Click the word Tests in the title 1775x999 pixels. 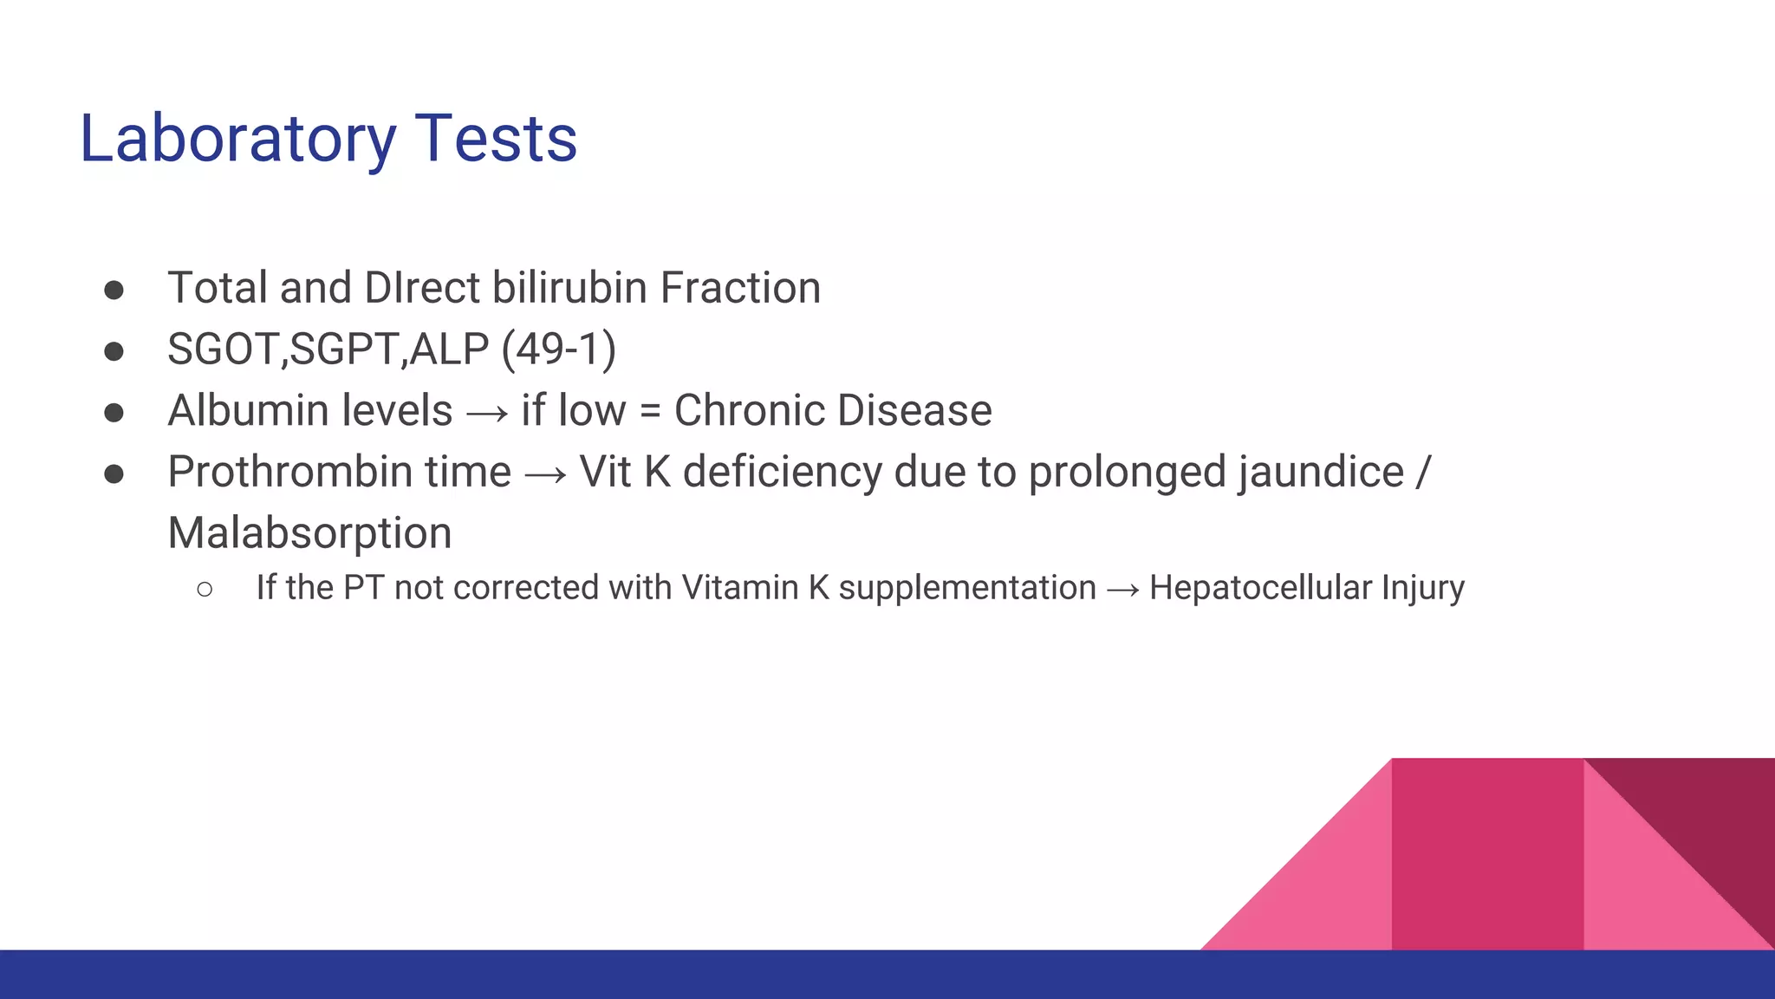click(496, 139)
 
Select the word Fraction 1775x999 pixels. click(740, 288)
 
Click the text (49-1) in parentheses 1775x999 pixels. click(558, 349)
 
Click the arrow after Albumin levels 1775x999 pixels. click(486, 414)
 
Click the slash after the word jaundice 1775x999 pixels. click(1423, 473)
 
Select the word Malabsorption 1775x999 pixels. click(309, 533)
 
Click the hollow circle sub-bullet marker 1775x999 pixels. click(205, 590)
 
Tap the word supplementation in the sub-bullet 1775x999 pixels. click(966, 588)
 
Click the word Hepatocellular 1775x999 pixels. click(1260, 588)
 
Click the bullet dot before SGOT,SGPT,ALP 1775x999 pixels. click(114, 351)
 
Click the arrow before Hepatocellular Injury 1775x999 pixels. click(1123, 591)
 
